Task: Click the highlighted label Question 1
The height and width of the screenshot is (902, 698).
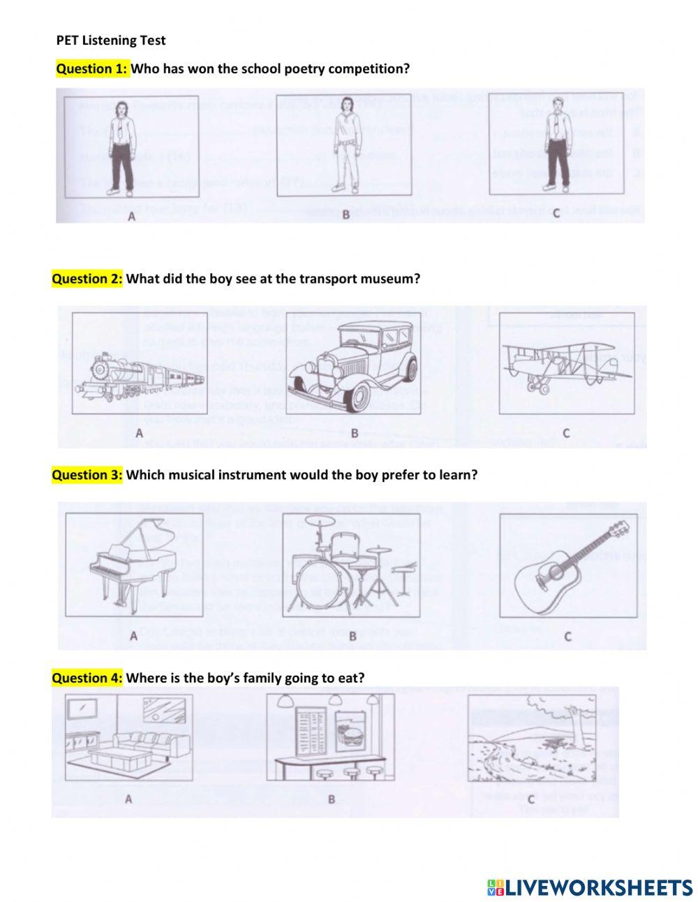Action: (92, 68)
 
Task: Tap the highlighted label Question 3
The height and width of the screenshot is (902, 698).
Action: (87, 474)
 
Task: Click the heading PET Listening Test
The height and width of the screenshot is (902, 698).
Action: (111, 41)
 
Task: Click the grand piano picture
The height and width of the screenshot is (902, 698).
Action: (133, 564)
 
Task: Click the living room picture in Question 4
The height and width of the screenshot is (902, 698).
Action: (128, 737)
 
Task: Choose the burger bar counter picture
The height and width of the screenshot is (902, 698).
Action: (330, 737)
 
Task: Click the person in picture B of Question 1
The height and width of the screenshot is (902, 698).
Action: (345, 146)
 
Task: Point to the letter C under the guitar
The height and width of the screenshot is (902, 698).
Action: (567, 637)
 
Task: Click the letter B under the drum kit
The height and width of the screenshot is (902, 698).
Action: (352, 637)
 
